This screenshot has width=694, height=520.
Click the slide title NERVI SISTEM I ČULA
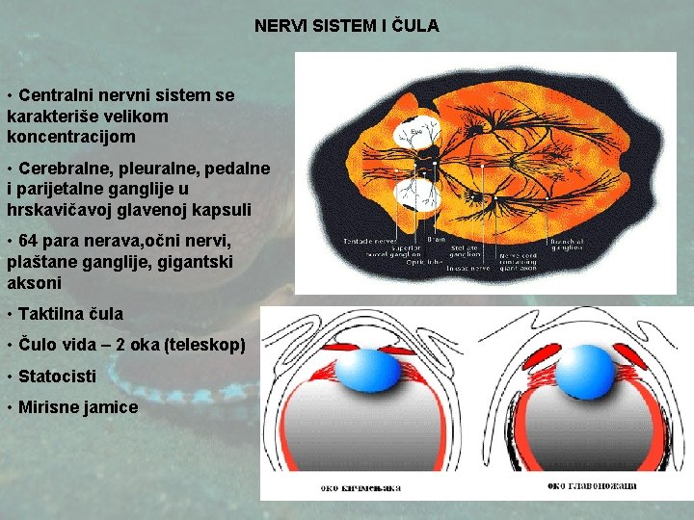[x=346, y=26]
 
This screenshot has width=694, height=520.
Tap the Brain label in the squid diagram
[x=436, y=238]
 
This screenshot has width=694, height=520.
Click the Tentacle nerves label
[x=368, y=239]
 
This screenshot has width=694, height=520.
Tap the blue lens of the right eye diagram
[x=584, y=370]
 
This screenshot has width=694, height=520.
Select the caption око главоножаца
[x=592, y=485]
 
